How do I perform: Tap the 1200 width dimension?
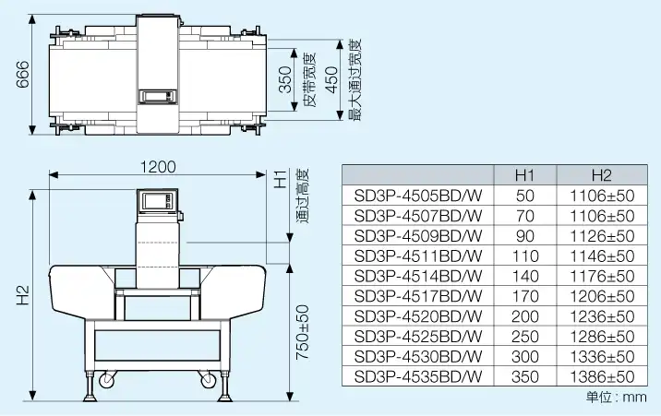click(158, 167)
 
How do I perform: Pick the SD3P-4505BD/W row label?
click(418, 196)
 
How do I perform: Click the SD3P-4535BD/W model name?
click(418, 376)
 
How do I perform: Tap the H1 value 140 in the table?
click(525, 276)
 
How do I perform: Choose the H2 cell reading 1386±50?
click(602, 376)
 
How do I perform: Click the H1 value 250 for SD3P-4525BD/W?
click(525, 336)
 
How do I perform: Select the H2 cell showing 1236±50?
click(602, 316)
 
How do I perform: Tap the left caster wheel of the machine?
click(105, 378)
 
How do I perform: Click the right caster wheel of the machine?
click(201, 378)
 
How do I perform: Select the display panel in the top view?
click(156, 94)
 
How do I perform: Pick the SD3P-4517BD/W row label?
click(418, 296)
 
